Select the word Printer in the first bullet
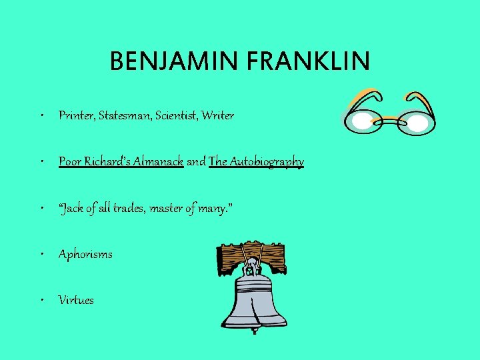(77, 116)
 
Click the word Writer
(221, 116)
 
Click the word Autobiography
(257, 162)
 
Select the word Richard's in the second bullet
(106, 162)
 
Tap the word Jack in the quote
(71, 208)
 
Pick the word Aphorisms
(85, 254)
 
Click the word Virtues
(76, 300)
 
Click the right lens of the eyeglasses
(417, 123)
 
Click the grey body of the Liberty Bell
(252, 300)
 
